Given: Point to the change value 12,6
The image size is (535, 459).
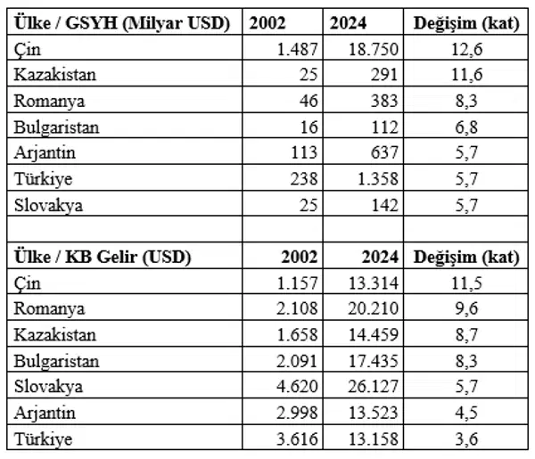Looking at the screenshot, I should (457, 49).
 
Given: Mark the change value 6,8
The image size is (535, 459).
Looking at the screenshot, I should (457, 127).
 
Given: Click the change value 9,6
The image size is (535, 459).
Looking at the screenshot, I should (457, 309).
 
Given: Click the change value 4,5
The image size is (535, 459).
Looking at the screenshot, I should (457, 413).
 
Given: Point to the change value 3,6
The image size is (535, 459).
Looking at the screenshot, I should (457, 439).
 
